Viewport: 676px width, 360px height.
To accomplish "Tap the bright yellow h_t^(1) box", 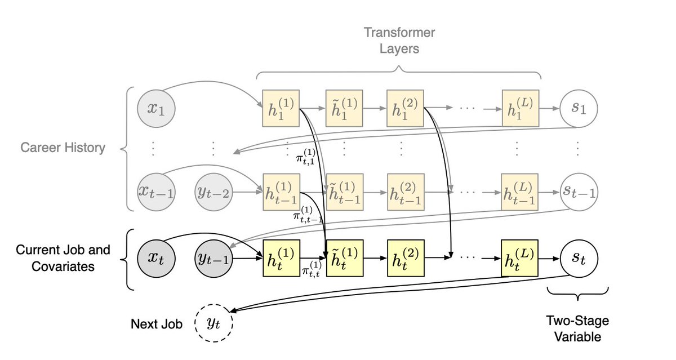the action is tap(281, 258).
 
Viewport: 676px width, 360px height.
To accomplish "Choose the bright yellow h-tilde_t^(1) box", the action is tap(345, 258).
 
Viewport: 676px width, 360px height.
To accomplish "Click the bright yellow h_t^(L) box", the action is tap(519, 258).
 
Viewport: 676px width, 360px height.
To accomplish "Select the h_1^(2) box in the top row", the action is tap(405, 108).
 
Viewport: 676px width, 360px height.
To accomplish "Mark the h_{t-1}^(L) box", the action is tap(519, 192).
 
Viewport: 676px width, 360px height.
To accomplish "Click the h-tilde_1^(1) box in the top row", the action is tap(344, 108).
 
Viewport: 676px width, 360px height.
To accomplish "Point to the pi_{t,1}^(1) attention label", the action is tap(305, 157).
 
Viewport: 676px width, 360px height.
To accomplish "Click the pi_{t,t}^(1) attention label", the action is tap(311, 269).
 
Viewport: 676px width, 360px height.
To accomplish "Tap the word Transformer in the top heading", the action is tap(399, 33).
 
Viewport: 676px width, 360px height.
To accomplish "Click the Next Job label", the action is tap(157, 324).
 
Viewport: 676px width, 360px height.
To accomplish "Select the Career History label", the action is tap(63, 148).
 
